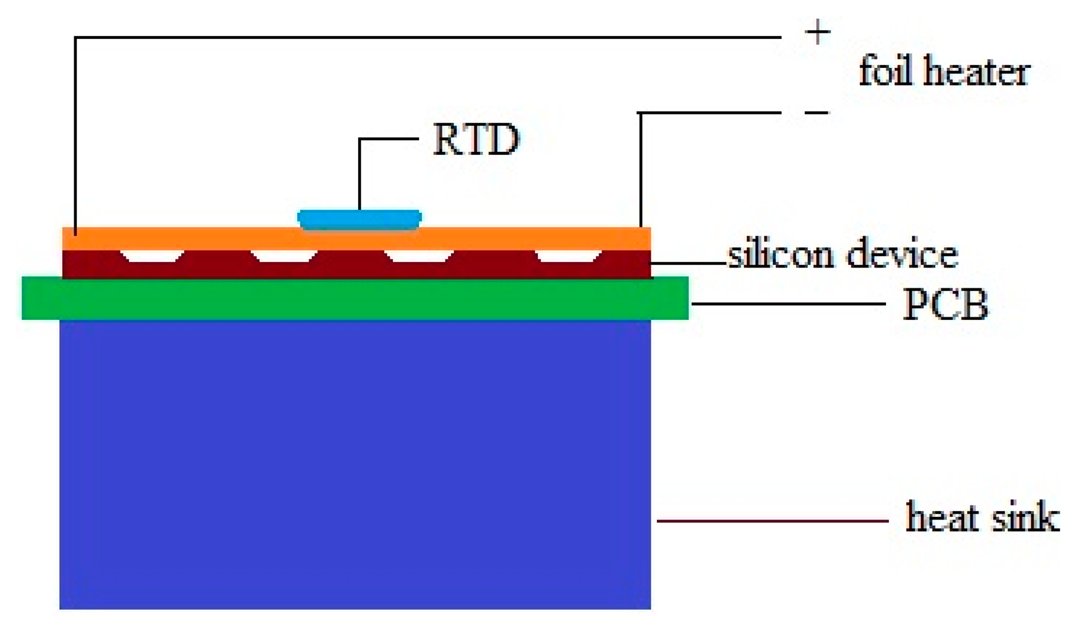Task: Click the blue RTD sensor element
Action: tap(359, 219)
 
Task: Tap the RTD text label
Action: tap(476, 140)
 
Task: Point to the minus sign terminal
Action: tap(817, 113)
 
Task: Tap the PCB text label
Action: tap(945, 305)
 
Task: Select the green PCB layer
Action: tap(355, 298)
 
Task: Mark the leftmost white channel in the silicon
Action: tap(152, 256)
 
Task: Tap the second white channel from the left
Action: tap(283, 256)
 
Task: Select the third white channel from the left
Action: tap(419, 256)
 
